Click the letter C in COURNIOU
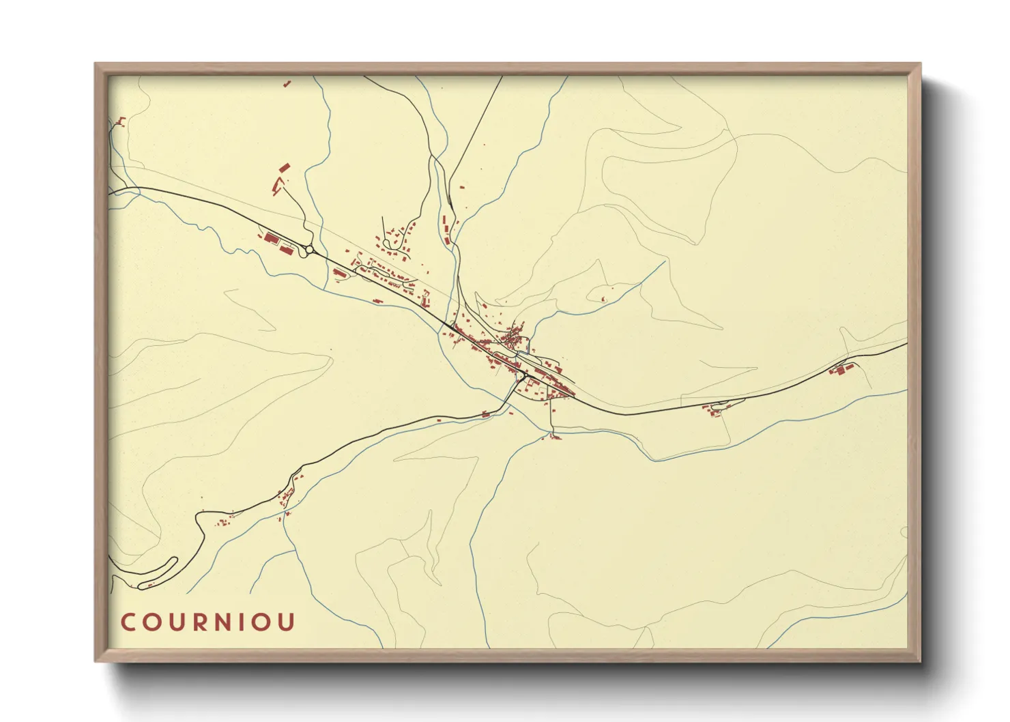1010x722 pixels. pyautogui.click(x=129, y=622)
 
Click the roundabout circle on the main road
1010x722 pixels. pyautogui.click(x=311, y=250)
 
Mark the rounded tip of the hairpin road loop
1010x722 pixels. pyautogui.click(x=173, y=561)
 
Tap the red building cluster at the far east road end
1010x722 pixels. pyautogui.click(x=841, y=371)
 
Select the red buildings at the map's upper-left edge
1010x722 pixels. pyautogui.click(x=121, y=122)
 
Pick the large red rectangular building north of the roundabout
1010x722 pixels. pyautogui.click(x=284, y=167)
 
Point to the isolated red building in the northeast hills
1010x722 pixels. pyautogui.click(x=603, y=299)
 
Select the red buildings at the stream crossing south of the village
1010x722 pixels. pyautogui.click(x=553, y=436)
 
